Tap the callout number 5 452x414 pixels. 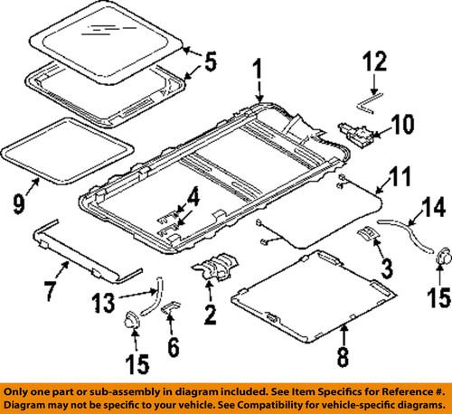click(211, 62)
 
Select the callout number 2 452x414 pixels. click(210, 314)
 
